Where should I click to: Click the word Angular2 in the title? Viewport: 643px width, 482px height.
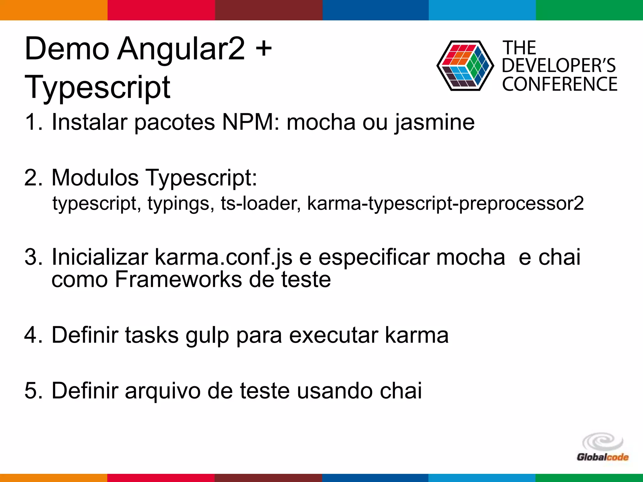coord(181,49)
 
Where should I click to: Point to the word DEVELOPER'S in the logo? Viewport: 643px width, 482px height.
coord(559,66)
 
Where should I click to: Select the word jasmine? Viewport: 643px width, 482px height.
coord(435,123)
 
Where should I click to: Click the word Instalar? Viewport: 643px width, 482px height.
coord(89,122)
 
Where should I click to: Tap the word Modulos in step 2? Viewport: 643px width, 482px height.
coord(95,178)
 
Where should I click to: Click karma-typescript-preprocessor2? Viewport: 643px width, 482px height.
coord(446,203)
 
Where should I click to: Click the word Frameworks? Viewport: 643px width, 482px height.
coord(178,279)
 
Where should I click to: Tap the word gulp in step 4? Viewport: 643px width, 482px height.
coord(207,336)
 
